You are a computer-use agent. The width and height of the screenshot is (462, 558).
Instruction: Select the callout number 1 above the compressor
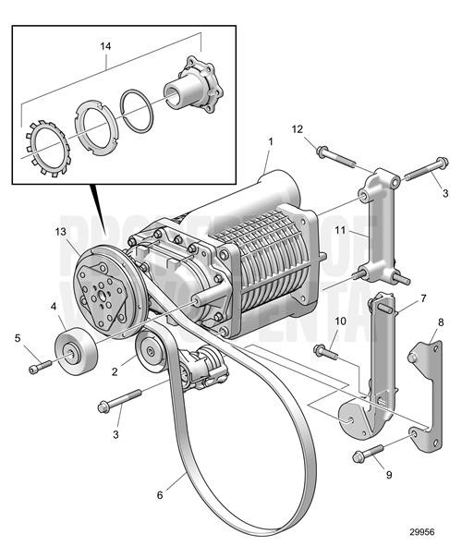click(271, 142)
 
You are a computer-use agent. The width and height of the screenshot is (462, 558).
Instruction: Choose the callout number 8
click(440, 323)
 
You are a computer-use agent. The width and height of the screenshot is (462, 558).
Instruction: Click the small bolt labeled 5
click(38, 368)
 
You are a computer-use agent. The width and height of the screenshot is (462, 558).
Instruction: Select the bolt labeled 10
click(326, 351)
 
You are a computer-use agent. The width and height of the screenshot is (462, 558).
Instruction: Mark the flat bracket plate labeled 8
click(423, 386)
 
